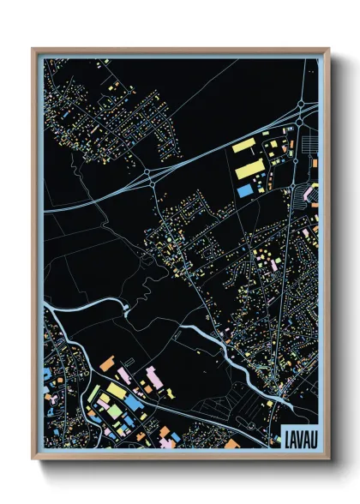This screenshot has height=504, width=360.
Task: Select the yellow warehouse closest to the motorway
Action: coord(245,145)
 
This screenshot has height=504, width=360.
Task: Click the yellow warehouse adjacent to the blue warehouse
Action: coord(247,169)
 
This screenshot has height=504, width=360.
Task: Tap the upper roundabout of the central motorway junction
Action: coord(149,171)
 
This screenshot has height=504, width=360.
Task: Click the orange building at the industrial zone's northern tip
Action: coord(107,363)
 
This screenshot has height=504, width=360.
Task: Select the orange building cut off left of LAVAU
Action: coord(231,443)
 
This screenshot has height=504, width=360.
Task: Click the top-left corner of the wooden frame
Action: coord(33,50)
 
